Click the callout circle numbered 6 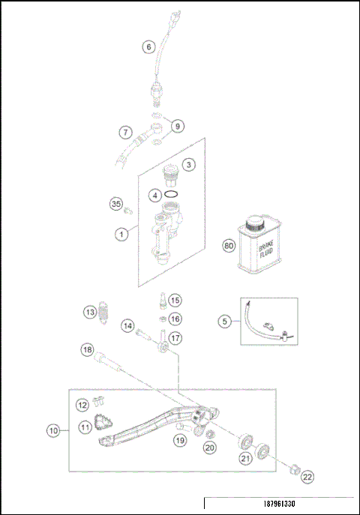tap(148, 46)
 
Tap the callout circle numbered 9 tap(177, 126)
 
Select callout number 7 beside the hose tap(127, 132)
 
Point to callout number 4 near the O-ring tap(154, 195)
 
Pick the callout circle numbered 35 tap(116, 204)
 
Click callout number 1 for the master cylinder tap(120, 234)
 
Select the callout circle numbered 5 tap(225, 322)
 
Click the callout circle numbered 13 tap(89, 311)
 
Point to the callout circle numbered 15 tap(174, 301)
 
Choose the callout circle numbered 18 tap(88, 349)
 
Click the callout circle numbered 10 tap(53, 430)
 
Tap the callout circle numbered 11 tap(85, 427)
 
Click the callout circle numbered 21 tap(244, 459)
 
